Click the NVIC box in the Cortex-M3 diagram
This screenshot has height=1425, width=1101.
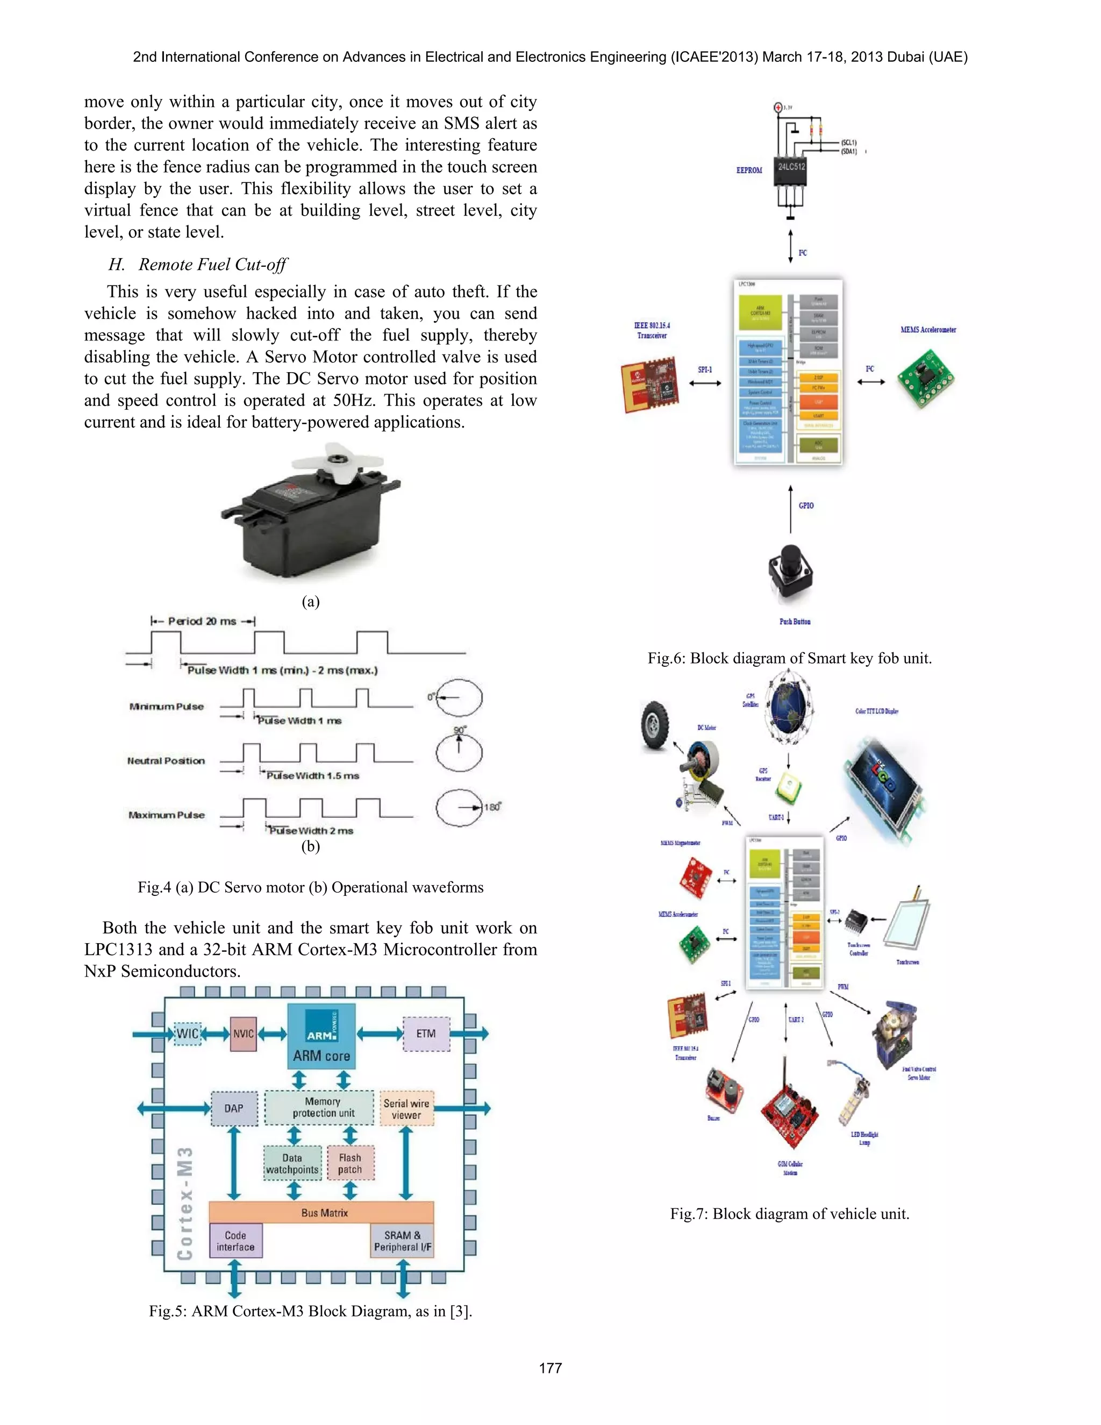coord(244,1034)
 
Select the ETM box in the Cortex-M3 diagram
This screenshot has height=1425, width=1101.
coord(426,1034)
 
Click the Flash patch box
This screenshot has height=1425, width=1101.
coord(351,1163)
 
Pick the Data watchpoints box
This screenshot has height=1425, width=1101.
coord(292,1163)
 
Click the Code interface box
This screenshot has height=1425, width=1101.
coord(235,1241)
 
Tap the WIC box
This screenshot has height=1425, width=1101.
coord(187,1034)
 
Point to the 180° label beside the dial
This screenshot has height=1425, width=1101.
coord(492,807)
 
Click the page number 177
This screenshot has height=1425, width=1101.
coord(550,1368)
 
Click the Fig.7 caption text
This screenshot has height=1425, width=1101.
coord(789,1214)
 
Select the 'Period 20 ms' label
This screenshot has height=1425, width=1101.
coord(202,621)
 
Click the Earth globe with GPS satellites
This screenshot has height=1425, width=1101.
coord(788,707)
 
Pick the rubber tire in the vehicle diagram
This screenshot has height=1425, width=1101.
coord(655,725)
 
